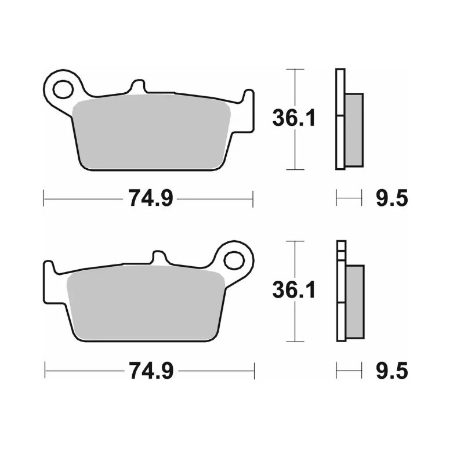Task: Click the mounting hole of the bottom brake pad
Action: coord(234,260)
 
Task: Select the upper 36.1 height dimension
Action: coord(294,119)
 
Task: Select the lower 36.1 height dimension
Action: coord(294,290)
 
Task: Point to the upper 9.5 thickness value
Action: coord(392,199)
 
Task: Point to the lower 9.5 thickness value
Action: coord(392,370)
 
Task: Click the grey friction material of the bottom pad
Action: coord(145,304)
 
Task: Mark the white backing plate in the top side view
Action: coord(340,119)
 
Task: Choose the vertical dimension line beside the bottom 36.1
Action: coord(296,325)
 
